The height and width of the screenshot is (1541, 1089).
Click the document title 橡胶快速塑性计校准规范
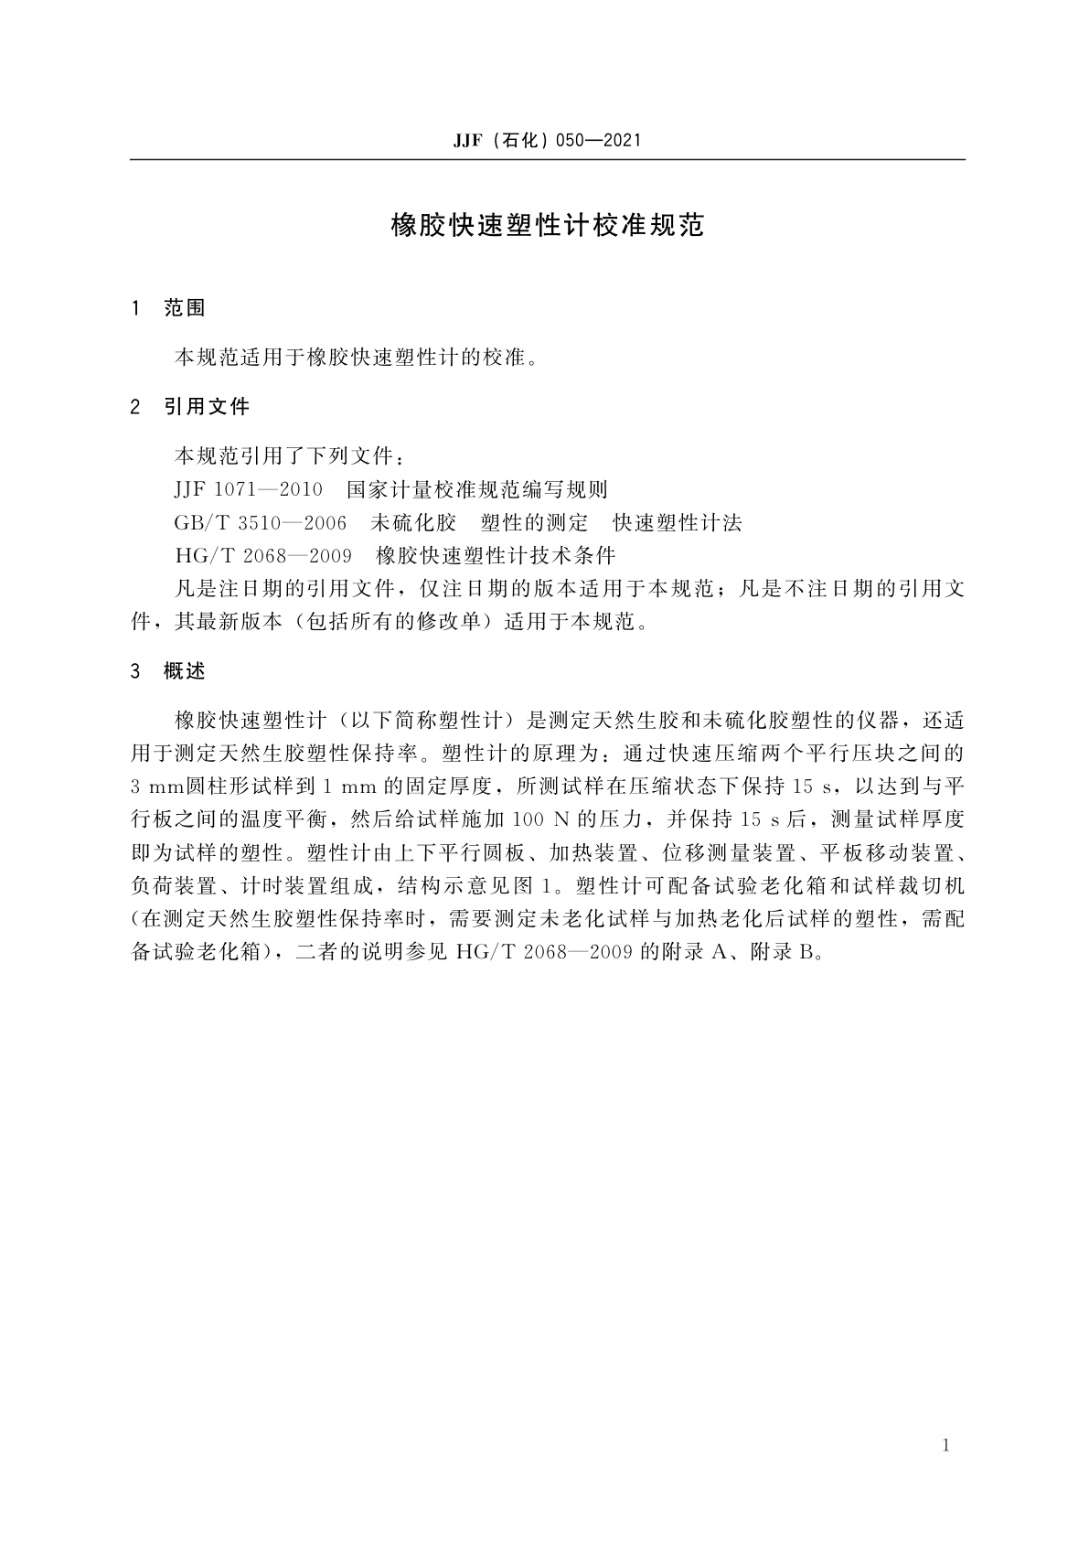[x=547, y=226]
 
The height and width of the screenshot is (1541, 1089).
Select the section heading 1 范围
[x=169, y=308]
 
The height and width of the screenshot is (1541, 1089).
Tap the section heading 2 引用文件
[x=190, y=407]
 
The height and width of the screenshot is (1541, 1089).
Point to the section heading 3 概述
[x=169, y=671]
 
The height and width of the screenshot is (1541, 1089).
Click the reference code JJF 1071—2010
[x=247, y=489]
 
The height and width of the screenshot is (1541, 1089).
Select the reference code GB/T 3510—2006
[x=260, y=522]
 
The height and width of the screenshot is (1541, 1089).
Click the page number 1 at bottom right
[x=945, y=1446]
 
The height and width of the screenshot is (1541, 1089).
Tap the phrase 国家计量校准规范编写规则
[x=477, y=489]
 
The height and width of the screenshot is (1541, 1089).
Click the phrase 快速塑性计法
[x=678, y=522]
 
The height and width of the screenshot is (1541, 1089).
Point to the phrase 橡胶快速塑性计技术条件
[x=496, y=555]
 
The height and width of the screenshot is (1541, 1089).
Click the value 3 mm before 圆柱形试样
[x=158, y=787]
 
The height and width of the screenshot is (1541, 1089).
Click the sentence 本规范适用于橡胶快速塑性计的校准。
[x=355, y=357]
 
